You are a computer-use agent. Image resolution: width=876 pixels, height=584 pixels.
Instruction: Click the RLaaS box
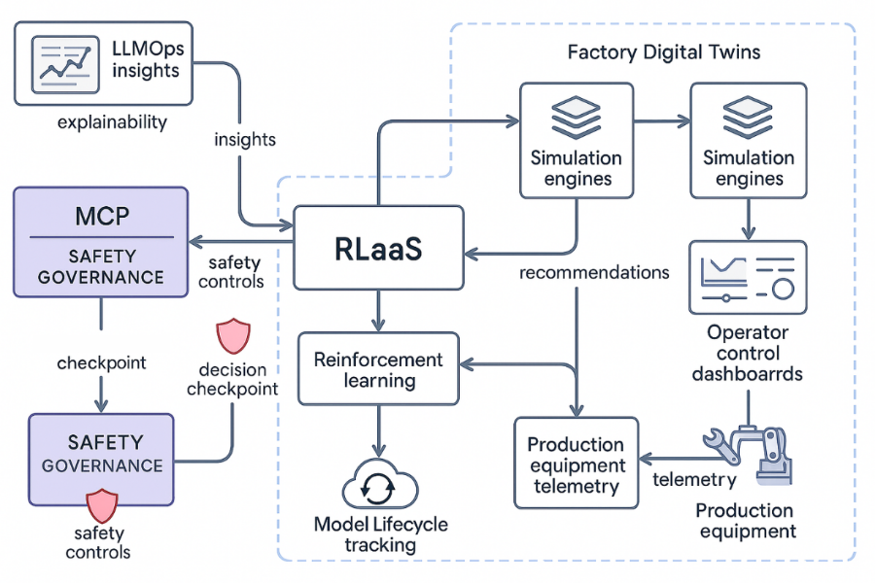point(379,248)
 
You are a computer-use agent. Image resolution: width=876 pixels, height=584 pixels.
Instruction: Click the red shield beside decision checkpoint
point(232,335)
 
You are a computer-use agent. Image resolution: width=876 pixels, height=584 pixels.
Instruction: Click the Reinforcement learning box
point(378,368)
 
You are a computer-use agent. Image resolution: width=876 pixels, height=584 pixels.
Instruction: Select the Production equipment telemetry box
point(576,464)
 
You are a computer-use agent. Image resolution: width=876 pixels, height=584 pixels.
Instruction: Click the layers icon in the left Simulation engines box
point(577,119)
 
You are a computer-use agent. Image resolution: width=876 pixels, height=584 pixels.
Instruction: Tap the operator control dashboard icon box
point(747,277)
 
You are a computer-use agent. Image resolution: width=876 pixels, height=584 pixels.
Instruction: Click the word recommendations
point(594,272)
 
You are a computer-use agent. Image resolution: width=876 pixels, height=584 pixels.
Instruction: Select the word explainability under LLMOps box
point(112,122)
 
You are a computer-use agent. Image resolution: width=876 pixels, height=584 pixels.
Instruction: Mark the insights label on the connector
point(245,139)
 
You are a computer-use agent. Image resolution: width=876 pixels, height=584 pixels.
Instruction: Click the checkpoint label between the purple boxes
point(101,362)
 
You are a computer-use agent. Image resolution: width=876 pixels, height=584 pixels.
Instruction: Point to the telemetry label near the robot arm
point(694,479)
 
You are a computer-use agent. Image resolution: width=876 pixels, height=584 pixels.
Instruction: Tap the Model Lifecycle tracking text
point(381,534)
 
